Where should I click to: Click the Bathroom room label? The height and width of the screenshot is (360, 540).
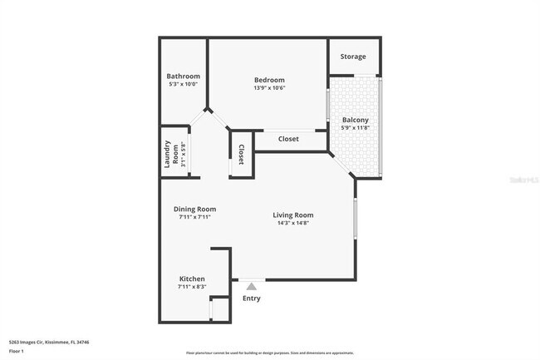183,76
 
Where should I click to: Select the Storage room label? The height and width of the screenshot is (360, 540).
353,57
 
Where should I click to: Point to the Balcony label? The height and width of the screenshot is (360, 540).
356,121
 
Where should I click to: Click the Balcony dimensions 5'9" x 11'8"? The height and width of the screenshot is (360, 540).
356,128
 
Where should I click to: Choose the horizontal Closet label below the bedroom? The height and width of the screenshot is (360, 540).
288,139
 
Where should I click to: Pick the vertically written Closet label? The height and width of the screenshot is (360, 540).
241,155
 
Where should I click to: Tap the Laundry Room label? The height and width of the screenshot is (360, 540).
172,154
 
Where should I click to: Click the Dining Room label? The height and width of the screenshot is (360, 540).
194,209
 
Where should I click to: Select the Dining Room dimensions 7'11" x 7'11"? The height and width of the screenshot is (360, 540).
194,217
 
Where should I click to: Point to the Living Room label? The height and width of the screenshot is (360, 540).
293,215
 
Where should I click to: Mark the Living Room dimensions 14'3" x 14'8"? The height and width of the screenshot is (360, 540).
293,223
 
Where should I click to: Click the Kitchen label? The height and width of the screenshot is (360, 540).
192,279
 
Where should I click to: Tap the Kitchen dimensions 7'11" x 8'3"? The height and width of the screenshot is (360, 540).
192,287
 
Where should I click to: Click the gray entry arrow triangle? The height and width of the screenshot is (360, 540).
251,286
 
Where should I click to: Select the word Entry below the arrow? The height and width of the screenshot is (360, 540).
251,298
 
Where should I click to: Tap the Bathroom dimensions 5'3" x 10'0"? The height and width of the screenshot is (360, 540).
183,84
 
